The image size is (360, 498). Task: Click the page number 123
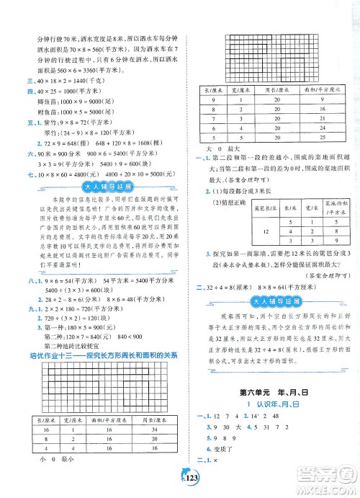pyautogui.click(x=179, y=481)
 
